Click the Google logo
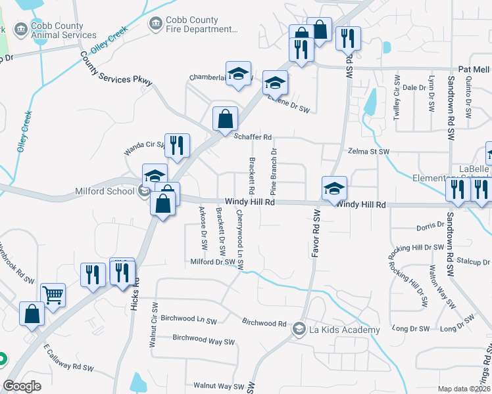pyautogui.click(x=22, y=386)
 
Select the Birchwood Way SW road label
pyautogui.click(x=203, y=340)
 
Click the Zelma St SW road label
pyautogui.click(x=368, y=152)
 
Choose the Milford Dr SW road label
pyautogui.click(x=212, y=261)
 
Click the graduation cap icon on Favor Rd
pyautogui.click(x=333, y=188)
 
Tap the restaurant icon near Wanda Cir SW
pyautogui.click(x=176, y=145)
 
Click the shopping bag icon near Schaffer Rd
pyautogui.click(x=225, y=119)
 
